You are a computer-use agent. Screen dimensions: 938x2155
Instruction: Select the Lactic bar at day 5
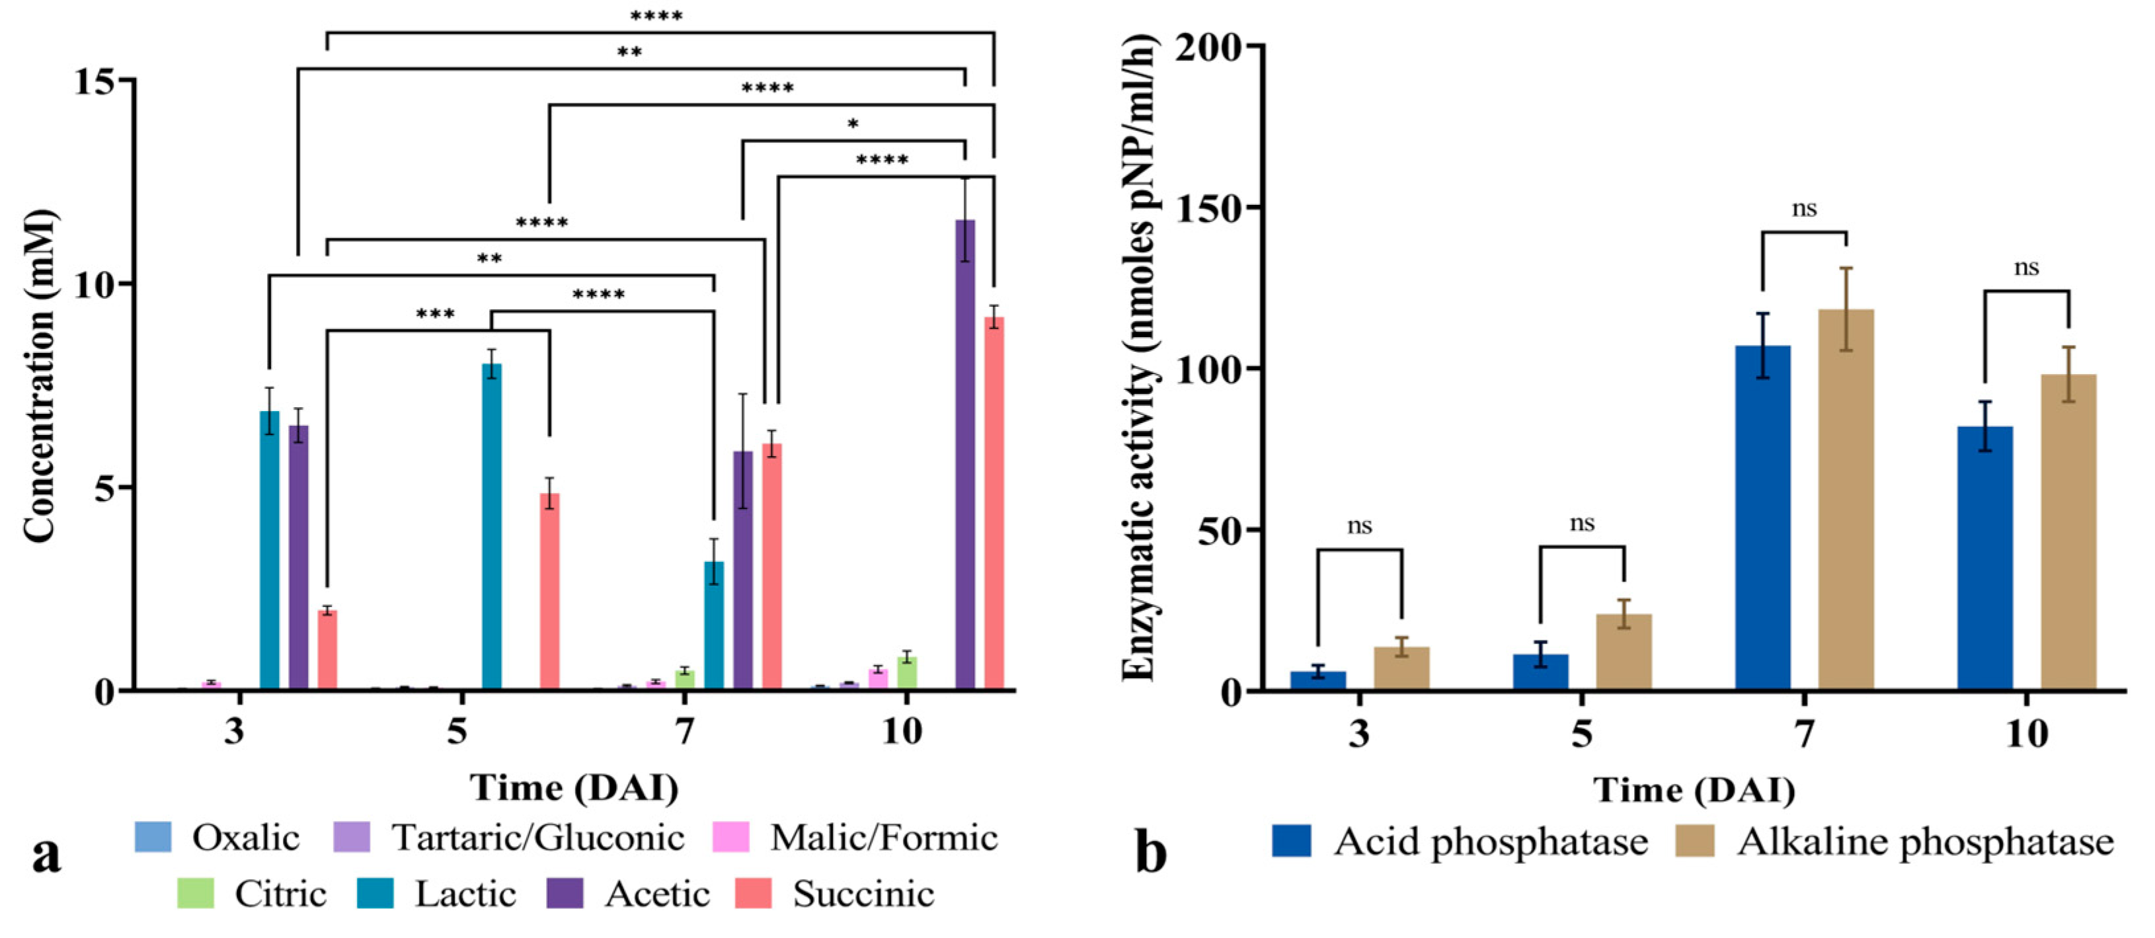[x=492, y=527]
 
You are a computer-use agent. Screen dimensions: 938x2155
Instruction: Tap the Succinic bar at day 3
[x=327, y=650]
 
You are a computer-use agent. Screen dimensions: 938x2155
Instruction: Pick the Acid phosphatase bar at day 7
[x=1762, y=518]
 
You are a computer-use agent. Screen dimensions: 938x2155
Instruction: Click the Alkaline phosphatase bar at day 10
[x=2069, y=532]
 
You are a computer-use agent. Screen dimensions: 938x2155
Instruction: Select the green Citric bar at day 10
[x=907, y=673]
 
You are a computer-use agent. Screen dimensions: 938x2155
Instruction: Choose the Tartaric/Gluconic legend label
[x=538, y=838]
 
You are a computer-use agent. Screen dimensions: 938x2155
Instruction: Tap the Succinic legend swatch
[x=753, y=893]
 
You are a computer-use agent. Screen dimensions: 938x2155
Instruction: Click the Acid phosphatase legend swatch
[x=1291, y=841]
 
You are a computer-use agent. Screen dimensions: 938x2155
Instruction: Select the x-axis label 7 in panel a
[x=685, y=731]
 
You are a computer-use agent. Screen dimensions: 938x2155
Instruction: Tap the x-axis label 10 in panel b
[x=2026, y=734]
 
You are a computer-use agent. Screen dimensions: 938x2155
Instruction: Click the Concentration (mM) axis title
[x=38, y=377]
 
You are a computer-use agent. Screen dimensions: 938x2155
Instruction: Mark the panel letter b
[x=1150, y=852]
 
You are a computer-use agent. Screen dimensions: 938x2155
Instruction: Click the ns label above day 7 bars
[x=1803, y=208]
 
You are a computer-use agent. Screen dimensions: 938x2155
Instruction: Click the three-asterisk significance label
[x=435, y=315]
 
